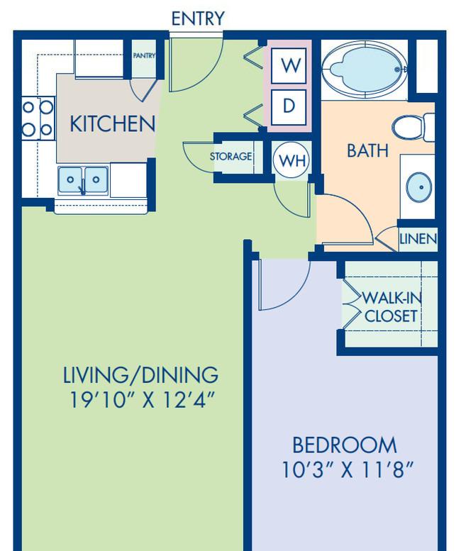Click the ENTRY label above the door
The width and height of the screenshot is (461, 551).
(x=197, y=18)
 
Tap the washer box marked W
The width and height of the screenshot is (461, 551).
(x=289, y=66)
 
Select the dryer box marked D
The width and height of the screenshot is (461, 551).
(x=289, y=107)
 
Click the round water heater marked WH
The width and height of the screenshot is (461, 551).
(x=291, y=160)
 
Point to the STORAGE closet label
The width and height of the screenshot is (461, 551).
(x=230, y=156)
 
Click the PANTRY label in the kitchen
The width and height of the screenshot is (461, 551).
(x=144, y=55)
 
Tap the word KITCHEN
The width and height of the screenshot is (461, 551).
(x=113, y=123)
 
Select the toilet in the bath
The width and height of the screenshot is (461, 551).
(x=413, y=127)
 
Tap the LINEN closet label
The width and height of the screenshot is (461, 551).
(x=418, y=239)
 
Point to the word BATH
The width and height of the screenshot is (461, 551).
(x=367, y=151)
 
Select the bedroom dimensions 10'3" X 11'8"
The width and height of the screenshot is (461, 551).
(x=348, y=470)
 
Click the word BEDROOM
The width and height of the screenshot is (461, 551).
(x=345, y=445)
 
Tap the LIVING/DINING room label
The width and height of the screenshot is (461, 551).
(x=140, y=375)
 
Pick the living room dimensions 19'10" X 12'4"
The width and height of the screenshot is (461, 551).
(x=142, y=400)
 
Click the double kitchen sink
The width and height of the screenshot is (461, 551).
(x=83, y=180)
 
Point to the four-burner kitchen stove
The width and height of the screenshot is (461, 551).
(x=38, y=118)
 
